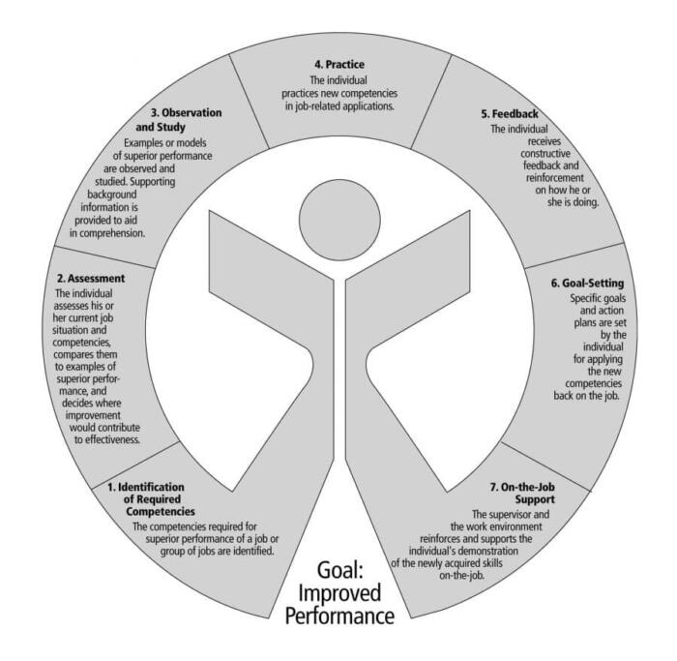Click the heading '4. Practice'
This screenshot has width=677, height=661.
click(338, 66)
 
